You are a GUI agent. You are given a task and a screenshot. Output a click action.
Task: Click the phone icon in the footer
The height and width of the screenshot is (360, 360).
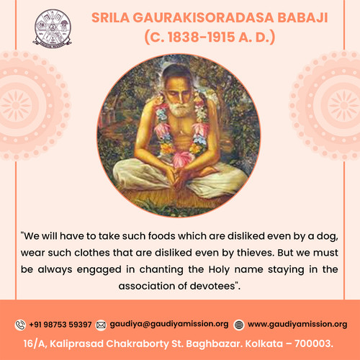point(20,325)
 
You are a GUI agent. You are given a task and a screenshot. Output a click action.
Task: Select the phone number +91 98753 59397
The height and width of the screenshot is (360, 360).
point(60,325)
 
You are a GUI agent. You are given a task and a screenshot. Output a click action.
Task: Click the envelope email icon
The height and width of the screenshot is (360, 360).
point(101,325)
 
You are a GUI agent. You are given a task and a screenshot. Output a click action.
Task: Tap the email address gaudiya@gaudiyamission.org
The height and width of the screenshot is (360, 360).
point(168,325)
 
